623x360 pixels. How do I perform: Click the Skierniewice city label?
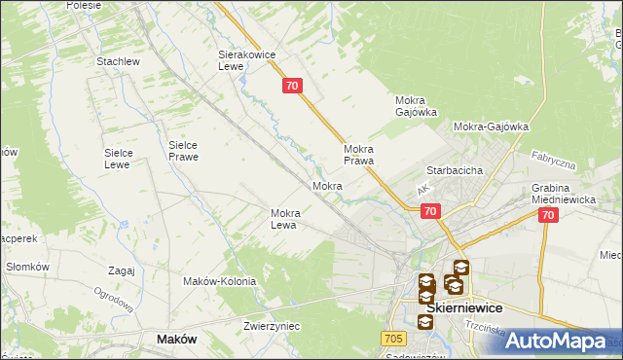click(x=464, y=307)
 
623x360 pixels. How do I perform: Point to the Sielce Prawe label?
click(x=183, y=150)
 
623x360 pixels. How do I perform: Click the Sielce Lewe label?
click(x=125, y=159)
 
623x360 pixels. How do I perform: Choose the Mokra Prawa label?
click(x=359, y=156)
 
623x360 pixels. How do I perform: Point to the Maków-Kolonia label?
click(x=219, y=281)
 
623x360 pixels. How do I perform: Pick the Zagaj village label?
click(x=122, y=270)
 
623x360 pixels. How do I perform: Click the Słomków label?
click(x=27, y=267)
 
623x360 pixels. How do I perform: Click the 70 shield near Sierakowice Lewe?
click(x=293, y=87)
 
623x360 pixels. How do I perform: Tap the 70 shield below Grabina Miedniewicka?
click(x=548, y=216)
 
